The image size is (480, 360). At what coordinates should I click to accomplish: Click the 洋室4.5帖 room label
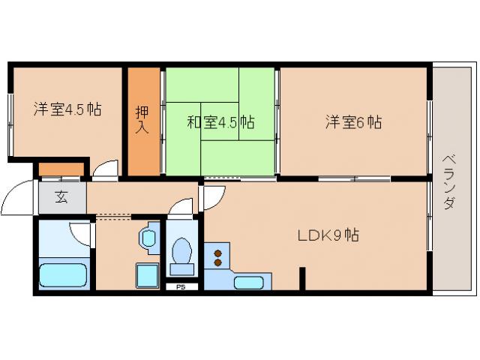tap(67, 109)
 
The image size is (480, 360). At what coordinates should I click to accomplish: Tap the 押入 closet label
tap(142, 120)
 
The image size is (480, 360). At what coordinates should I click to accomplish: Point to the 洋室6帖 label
tap(353, 122)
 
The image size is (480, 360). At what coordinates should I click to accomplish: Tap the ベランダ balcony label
tap(448, 181)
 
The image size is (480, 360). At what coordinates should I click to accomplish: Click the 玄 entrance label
tap(61, 199)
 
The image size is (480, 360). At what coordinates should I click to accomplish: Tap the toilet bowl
tap(181, 252)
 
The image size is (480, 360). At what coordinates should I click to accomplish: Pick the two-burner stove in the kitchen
tap(218, 256)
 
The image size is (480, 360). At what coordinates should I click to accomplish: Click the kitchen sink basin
tap(248, 282)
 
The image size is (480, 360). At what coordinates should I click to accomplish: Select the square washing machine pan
tap(146, 275)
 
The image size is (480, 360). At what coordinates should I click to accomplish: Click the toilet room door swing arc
tap(182, 207)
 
